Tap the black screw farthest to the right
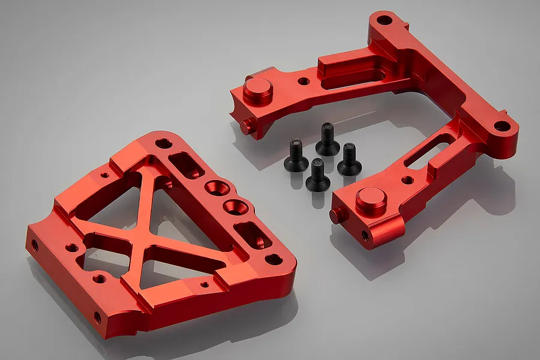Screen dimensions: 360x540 point(349,159)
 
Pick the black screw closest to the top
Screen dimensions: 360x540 point(328,139)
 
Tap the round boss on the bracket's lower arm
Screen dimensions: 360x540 point(371,201)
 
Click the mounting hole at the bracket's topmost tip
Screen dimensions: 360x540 point(384,20)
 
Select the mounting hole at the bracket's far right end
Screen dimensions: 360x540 point(503,127)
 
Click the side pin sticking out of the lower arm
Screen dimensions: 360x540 point(337,215)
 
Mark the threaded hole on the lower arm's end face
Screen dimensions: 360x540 point(365,235)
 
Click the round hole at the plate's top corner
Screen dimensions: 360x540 point(163,143)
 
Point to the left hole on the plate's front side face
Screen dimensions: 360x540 point(34,245)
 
